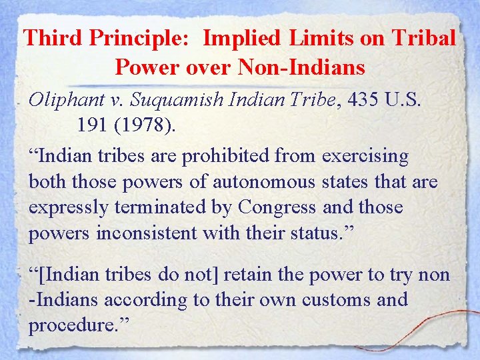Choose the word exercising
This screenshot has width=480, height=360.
coord(365,157)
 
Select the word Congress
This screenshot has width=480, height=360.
coord(276,207)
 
